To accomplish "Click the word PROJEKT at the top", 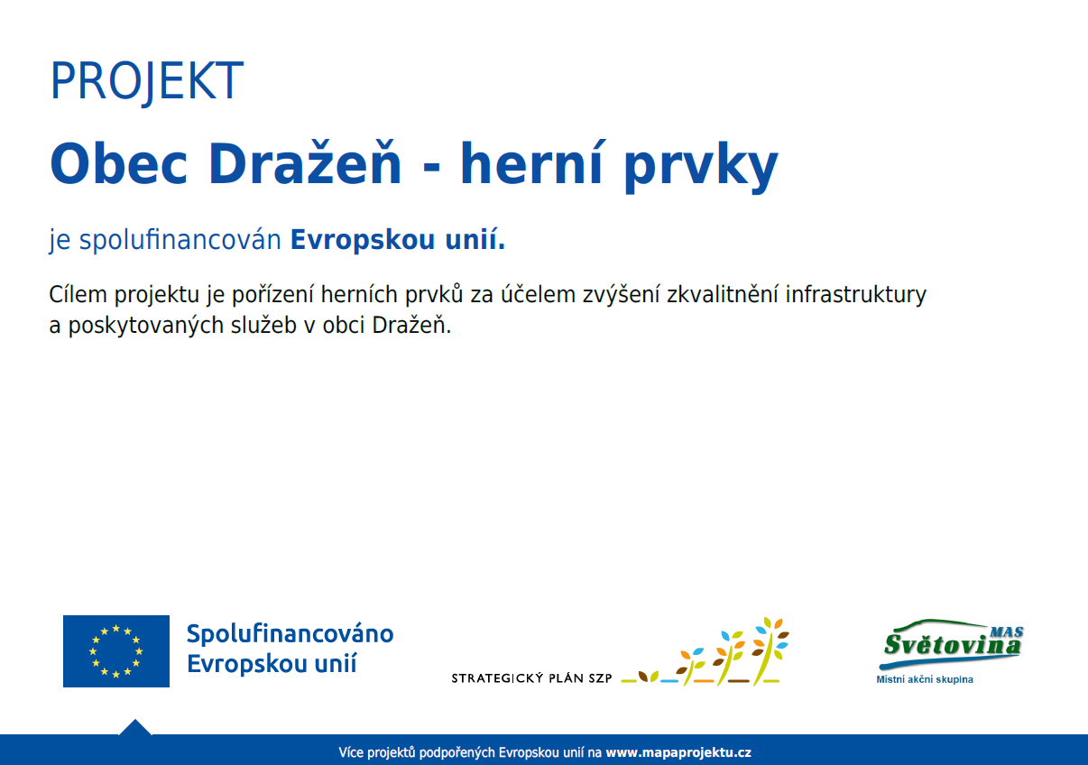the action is pos(146,81).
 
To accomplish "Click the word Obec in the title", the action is pos(119,163).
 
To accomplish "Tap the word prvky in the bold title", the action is pos(701,168).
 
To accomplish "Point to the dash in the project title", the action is pos(431,167).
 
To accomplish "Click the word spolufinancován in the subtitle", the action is pos(180,240).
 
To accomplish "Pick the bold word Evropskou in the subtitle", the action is pos(363,240).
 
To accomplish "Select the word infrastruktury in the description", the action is pos(856,295).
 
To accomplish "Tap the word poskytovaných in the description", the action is pos(146,326).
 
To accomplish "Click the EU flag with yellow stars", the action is pos(116,650).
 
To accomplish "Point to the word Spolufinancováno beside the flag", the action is pos(290,634).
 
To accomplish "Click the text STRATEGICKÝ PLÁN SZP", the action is pos(532,678).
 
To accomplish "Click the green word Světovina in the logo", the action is pos(952,645).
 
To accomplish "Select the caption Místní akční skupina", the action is pos(925,679).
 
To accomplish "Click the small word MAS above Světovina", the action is pos(1007,631).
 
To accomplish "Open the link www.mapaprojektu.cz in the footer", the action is pos(678,752).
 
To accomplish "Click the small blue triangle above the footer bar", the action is pos(135,728).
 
